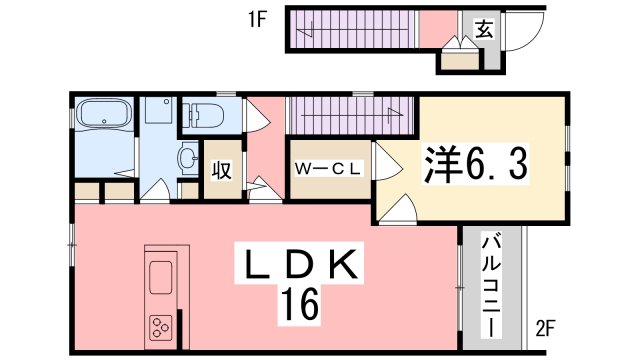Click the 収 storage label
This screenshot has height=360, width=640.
point(221,169)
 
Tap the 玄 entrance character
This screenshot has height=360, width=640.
point(483,30)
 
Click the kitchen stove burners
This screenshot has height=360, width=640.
point(161,326)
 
